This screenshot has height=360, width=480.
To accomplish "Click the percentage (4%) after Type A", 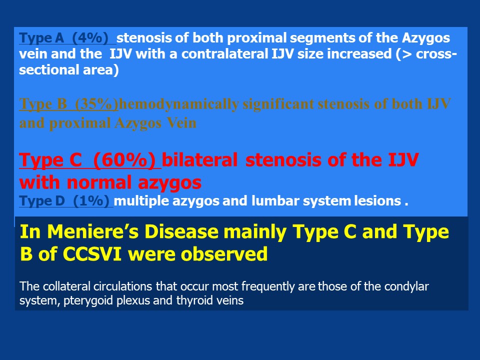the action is click(x=90, y=38).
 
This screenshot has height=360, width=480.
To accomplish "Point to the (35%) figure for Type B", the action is click(x=96, y=104).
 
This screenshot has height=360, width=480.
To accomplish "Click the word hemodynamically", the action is click(x=179, y=104).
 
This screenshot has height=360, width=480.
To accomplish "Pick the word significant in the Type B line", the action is click(x=278, y=104).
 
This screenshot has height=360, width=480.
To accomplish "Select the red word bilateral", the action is click(x=199, y=160).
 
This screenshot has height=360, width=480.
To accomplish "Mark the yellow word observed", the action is click(x=224, y=254).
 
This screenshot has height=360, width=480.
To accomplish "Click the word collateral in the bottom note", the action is click(x=66, y=286).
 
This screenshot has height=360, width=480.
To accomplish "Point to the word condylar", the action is click(x=406, y=286).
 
